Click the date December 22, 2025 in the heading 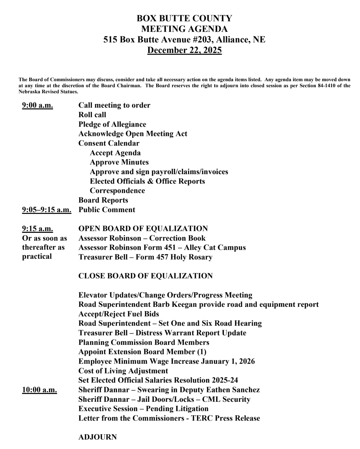coord(184,50)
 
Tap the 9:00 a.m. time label coord(37,105)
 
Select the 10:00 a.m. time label coord(39,390)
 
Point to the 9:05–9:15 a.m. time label coord(46,210)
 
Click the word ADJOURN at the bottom coord(97,437)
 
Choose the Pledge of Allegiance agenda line coord(112,124)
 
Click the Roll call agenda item coord(92,115)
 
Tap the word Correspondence coord(117,191)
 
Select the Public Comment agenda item coord(107,210)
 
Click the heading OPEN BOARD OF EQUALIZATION coord(143,229)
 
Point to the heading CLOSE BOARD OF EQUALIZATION coord(145,276)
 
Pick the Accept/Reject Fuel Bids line coord(119,314)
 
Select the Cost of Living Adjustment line coord(123,371)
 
